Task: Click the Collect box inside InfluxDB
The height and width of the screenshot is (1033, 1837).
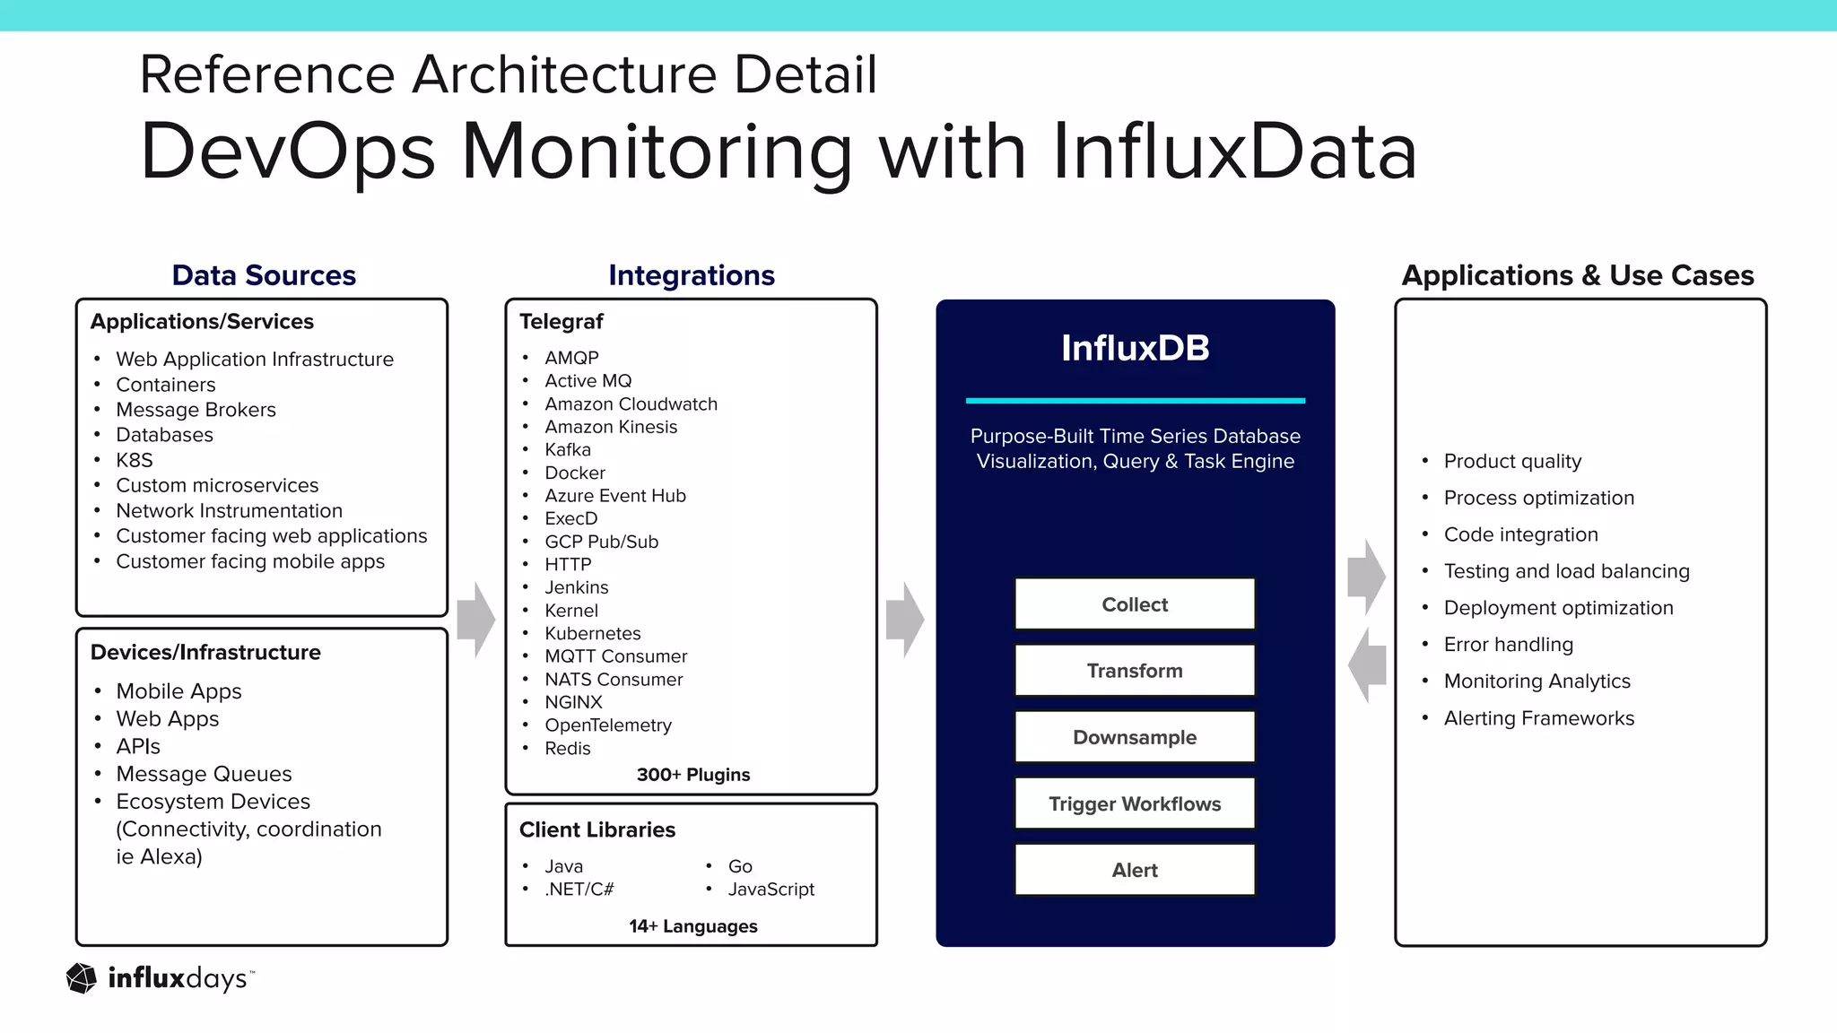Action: point(1135,604)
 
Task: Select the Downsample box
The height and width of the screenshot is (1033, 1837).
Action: point(1135,737)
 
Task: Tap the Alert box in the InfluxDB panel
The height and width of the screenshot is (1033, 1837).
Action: point(1135,870)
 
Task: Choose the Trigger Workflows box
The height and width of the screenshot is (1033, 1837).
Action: point(1135,803)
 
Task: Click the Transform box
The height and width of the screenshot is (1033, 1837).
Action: point(1135,671)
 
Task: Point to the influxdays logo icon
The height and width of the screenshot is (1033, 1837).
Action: point(82,978)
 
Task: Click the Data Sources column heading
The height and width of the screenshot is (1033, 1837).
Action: point(264,275)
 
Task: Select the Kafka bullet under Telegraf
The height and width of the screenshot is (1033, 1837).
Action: point(568,449)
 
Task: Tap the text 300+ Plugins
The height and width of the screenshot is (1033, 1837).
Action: point(693,775)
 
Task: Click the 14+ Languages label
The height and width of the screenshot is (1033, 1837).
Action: point(693,926)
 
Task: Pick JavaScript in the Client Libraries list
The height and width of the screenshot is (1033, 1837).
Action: point(770,890)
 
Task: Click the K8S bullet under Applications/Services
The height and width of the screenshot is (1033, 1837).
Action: point(135,460)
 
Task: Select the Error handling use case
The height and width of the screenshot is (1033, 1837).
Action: point(1508,645)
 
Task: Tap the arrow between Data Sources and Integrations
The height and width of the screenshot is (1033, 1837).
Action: point(475,620)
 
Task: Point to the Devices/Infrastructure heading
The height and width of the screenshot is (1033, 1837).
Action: point(205,652)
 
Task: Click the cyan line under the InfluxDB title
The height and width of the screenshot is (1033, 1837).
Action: point(1135,401)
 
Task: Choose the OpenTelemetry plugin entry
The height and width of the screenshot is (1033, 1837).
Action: point(608,725)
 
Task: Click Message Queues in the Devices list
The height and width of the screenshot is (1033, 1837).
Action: point(204,774)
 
